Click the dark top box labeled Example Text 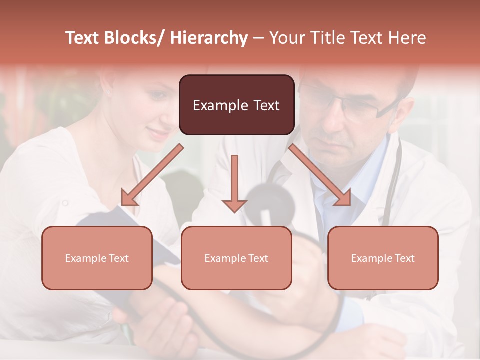(236, 105)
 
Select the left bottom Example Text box (97, 258)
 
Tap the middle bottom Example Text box (236, 258)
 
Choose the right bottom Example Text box (383, 258)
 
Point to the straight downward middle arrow (234, 183)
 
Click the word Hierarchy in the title (209, 38)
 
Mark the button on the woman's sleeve (65, 203)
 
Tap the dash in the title (258, 38)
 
